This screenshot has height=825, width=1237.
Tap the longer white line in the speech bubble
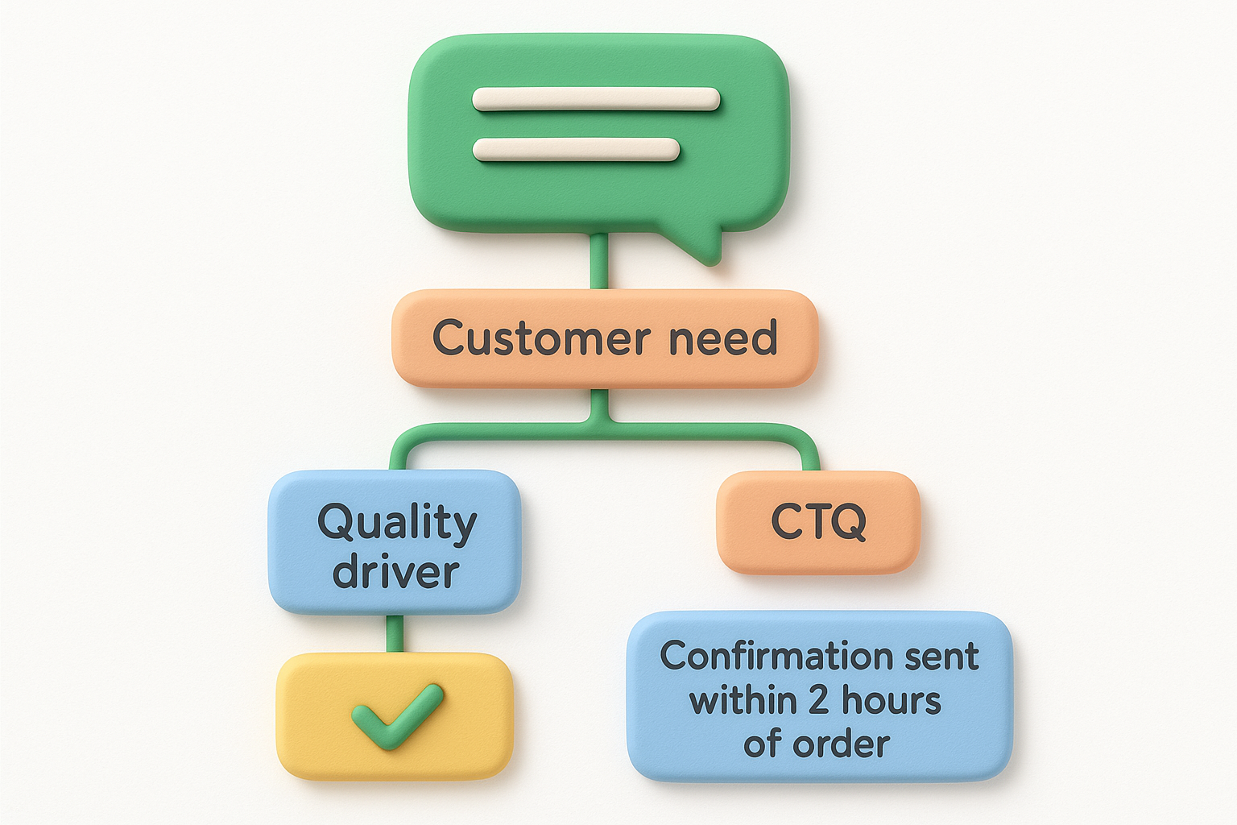coord(596,99)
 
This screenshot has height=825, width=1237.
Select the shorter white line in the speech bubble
coord(576,149)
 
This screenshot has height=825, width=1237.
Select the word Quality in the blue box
coord(397,524)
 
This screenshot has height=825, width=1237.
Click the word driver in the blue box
coord(395,571)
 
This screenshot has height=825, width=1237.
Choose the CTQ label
coord(818,522)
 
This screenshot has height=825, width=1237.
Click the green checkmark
coord(397,715)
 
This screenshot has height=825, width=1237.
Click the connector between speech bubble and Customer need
coord(598,262)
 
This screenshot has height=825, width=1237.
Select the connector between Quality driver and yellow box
coord(394,633)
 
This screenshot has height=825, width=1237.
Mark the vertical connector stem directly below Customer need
coord(598,404)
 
